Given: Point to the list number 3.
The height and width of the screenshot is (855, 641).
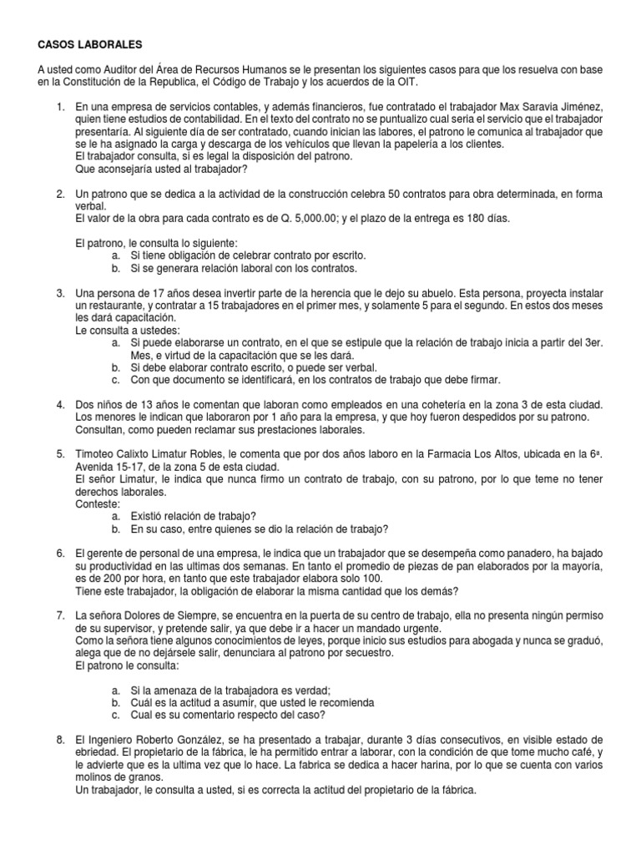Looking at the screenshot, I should pyautogui.click(x=61, y=294).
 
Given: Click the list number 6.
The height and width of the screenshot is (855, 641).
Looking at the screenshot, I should pyautogui.click(x=61, y=553).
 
